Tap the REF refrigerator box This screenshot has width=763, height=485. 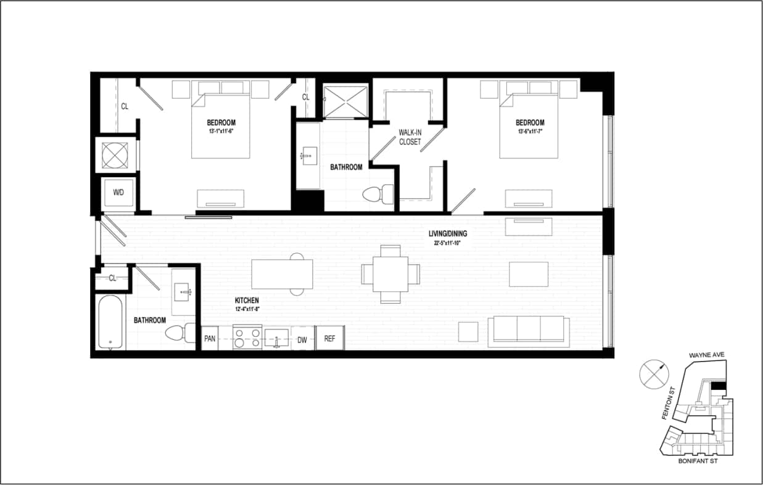(330, 339)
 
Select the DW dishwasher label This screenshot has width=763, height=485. (302, 339)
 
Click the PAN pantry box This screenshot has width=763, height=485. (210, 339)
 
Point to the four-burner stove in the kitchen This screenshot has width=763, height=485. (247, 338)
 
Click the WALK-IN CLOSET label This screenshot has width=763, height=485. (410, 137)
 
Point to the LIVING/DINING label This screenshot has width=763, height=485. (448, 234)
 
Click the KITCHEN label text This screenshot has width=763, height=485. (246, 299)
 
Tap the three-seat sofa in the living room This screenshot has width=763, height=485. (529, 331)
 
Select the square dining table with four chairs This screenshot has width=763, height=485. (390, 273)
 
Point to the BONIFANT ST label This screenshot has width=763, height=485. (698, 461)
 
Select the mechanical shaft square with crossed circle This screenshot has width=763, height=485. (115, 154)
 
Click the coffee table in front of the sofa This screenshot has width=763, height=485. (529, 275)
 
